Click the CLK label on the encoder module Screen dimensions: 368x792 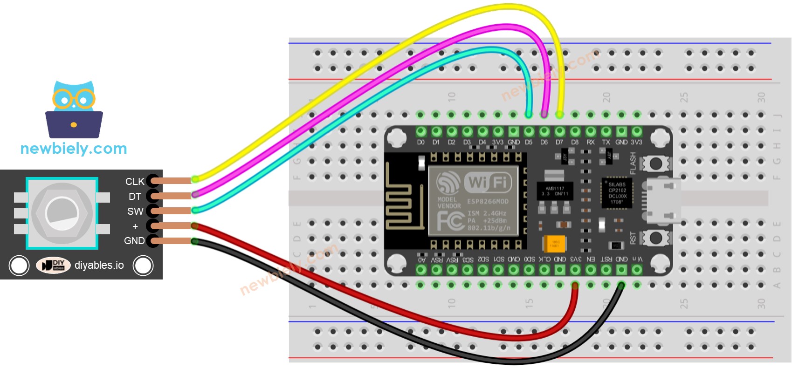[135, 181]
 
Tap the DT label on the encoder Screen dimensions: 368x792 [135, 197]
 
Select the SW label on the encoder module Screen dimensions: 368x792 [135, 211]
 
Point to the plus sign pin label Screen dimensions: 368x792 [135, 226]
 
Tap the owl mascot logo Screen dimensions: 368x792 [74, 109]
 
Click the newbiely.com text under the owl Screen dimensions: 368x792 [74, 149]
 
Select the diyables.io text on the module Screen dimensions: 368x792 [99, 265]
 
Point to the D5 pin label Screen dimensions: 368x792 [529, 142]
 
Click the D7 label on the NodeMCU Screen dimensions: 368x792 [559, 142]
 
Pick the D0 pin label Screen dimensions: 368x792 [420, 142]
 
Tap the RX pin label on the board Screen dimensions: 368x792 [591, 142]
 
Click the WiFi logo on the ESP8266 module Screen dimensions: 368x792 [488, 182]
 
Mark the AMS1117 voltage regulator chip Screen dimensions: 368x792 [555, 191]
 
